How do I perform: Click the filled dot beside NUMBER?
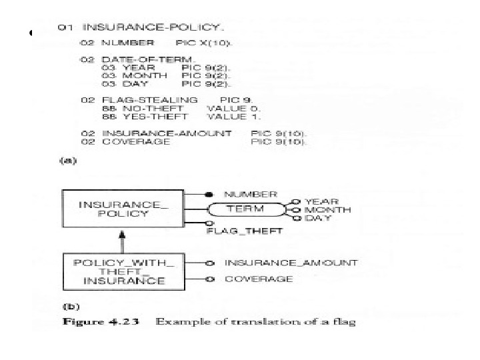click(209, 194)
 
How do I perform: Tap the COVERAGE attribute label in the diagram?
click(259, 279)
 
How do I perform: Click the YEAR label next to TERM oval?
click(321, 201)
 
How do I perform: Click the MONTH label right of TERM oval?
click(327, 209)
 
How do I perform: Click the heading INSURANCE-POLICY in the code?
click(153, 28)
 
